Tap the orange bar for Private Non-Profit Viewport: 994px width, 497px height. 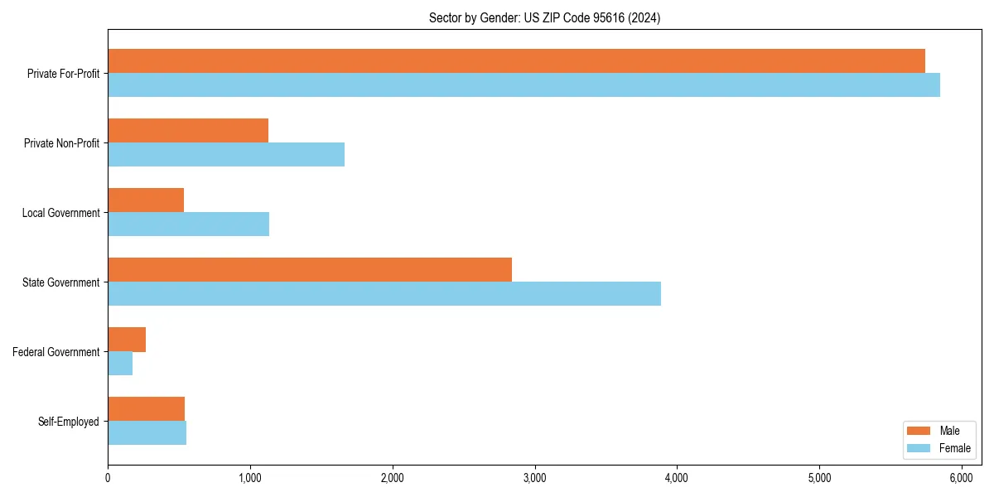(188, 131)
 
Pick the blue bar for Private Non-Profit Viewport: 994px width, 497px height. (226, 155)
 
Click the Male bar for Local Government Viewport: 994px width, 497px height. (146, 200)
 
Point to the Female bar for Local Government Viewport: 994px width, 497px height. (188, 224)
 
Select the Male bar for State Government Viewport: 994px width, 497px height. (310, 270)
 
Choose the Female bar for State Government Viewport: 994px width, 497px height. (384, 294)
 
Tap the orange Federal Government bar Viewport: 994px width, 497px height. (127, 340)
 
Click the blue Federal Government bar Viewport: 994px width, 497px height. (120, 364)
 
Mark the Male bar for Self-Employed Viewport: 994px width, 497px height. (146, 409)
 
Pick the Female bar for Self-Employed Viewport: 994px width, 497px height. (147, 433)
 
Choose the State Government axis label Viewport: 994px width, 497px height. (60, 282)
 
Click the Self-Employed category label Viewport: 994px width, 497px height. (68, 422)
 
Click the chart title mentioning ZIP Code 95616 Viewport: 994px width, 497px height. (544, 17)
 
